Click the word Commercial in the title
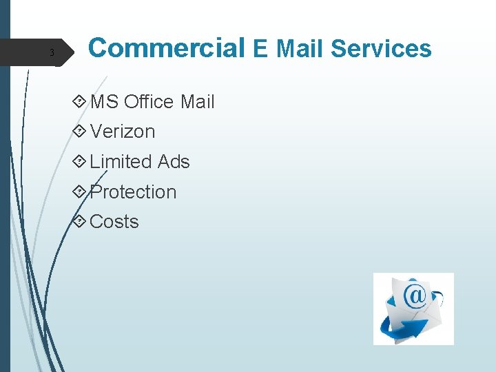[167, 48]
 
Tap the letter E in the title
[260, 49]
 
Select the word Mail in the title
[299, 49]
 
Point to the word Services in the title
[381, 49]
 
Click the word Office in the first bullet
[149, 102]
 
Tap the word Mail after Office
[197, 102]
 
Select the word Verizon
[123, 132]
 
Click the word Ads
[174, 162]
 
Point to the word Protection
[133, 192]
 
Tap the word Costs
[114, 222]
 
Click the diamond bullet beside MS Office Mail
[80, 102]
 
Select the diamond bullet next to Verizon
[80, 132]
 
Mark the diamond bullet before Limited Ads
[80, 162]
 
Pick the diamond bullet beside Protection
[80, 192]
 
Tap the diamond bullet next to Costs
[80, 222]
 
